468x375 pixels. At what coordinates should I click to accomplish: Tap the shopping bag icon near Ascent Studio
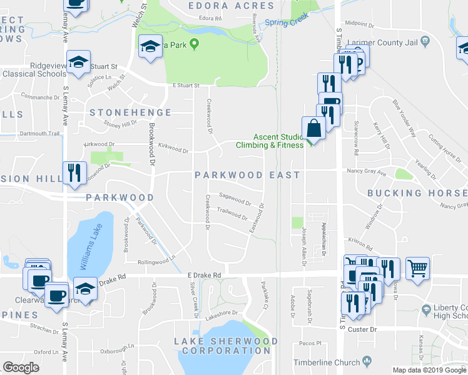[313, 128]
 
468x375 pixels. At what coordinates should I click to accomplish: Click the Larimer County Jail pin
[425, 42]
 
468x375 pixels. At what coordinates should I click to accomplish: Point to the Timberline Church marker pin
[367, 362]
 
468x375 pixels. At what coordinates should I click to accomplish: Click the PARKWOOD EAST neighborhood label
[247, 175]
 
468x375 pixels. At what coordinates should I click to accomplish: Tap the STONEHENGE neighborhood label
[130, 112]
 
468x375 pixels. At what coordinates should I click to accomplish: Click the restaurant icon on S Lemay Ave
[74, 172]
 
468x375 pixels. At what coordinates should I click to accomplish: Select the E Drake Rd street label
[204, 275]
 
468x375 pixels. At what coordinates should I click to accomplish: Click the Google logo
[21, 367]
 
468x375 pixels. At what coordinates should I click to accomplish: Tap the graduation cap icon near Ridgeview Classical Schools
[79, 64]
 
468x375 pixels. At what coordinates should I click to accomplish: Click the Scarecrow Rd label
[356, 138]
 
